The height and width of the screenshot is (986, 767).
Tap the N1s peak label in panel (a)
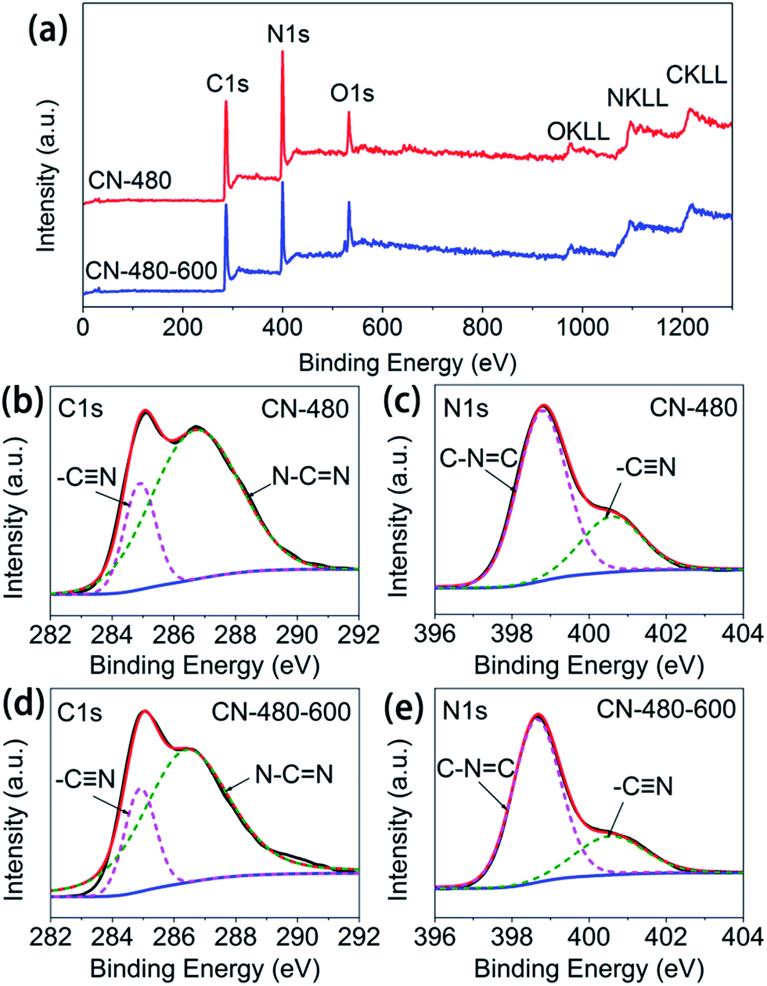pyautogui.click(x=289, y=34)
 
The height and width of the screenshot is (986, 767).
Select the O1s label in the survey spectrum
pyautogui.click(x=352, y=93)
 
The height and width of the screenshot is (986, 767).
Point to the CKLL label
pyautogui.click(x=697, y=75)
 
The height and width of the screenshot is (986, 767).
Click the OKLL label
pyautogui.click(x=578, y=131)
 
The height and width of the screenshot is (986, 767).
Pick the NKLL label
pyautogui.click(x=638, y=97)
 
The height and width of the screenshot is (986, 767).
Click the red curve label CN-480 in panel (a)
pyautogui.click(x=130, y=181)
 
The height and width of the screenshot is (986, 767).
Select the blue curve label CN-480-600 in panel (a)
pyautogui.click(x=151, y=271)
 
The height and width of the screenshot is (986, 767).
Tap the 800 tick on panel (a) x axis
pyautogui.click(x=482, y=329)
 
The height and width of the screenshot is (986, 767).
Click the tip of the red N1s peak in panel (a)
pyautogui.click(x=283, y=52)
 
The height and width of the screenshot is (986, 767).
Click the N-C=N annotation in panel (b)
pyautogui.click(x=311, y=477)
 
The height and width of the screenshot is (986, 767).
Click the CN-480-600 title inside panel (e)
pyautogui.click(x=666, y=709)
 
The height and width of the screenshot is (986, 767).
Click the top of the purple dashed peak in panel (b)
pyautogui.click(x=141, y=483)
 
